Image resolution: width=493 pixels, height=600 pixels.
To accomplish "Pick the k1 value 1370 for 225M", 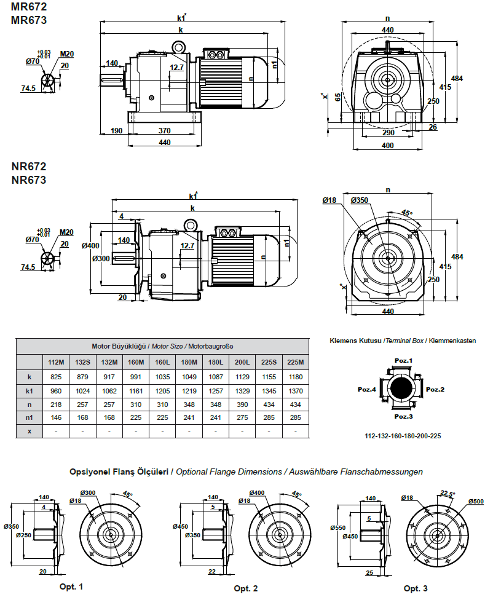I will [296, 390].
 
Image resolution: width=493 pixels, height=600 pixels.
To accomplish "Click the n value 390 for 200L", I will [242, 404].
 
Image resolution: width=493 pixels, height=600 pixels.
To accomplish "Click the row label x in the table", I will [29, 432].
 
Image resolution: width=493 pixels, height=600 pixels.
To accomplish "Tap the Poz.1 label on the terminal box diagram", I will [403, 360].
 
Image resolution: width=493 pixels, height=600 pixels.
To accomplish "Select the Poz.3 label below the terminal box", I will [403, 417].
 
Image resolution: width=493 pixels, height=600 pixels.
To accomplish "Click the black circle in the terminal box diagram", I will [403, 389].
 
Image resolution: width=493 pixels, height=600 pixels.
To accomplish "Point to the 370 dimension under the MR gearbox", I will [164, 130].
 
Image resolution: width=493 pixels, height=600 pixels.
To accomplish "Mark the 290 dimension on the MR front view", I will [387, 132].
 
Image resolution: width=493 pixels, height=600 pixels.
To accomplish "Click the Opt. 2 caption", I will [245, 588].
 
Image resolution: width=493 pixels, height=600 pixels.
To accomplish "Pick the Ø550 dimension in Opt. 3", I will [337, 527].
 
